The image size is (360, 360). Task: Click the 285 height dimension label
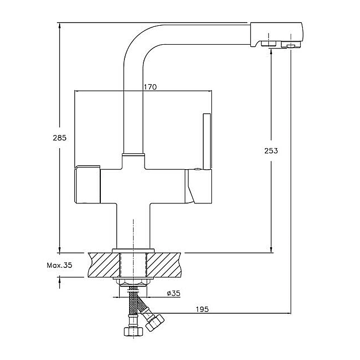(x=60, y=138)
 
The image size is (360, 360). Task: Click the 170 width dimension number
(x=150, y=87)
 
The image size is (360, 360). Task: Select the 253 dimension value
(x=271, y=151)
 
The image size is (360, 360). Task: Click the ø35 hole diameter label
(x=173, y=294)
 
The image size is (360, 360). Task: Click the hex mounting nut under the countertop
(x=133, y=282)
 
